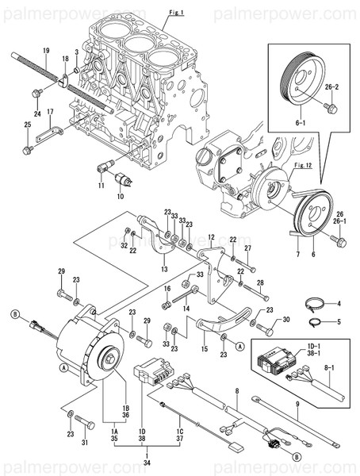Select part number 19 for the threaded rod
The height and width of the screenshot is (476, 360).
(x=45, y=51)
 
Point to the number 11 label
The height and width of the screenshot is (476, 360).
(x=101, y=186)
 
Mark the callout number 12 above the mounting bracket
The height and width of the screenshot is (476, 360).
(x=212, y=236)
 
